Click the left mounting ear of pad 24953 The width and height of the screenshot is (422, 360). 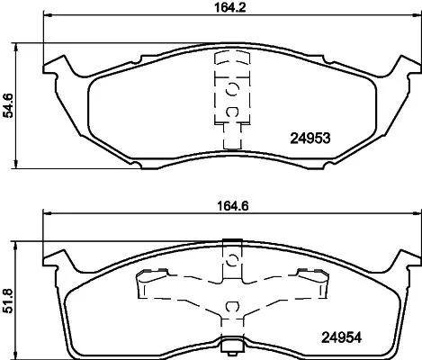tap(60, 67)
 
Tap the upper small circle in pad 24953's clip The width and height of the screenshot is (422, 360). tap(231, 88)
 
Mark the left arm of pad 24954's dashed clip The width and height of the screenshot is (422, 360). tap(144, 285)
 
